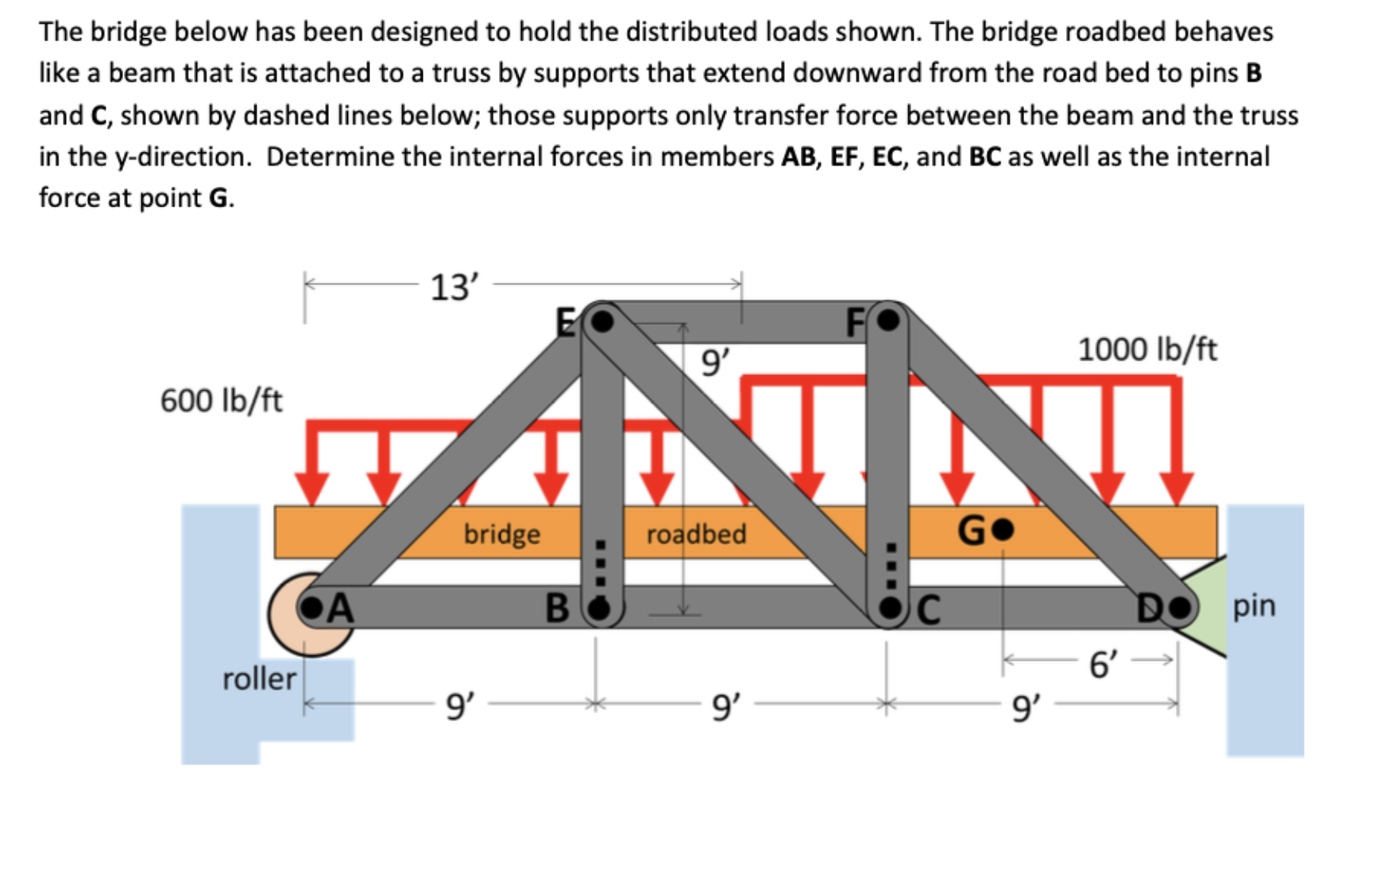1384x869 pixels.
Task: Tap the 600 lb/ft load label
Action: [x=221, y=400]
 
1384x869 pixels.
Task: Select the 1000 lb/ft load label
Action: [x=1146, y=350]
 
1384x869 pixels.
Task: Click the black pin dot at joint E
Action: [x=604, y=321]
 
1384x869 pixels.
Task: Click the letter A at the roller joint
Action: [x=340, y=608]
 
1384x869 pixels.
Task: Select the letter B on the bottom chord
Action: [x=558, y=608]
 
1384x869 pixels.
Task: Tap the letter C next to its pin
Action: [x=929, y=610]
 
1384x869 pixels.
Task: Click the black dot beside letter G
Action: [x=1004, y=529]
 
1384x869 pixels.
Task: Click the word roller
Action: [x=259, y=679]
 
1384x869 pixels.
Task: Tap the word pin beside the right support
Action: [x=1254, y=606]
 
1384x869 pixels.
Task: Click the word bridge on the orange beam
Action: [x=501, y=534]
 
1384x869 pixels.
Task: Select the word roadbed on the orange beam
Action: [x=696, y=534]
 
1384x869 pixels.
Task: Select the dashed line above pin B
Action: [x=601, y=564]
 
